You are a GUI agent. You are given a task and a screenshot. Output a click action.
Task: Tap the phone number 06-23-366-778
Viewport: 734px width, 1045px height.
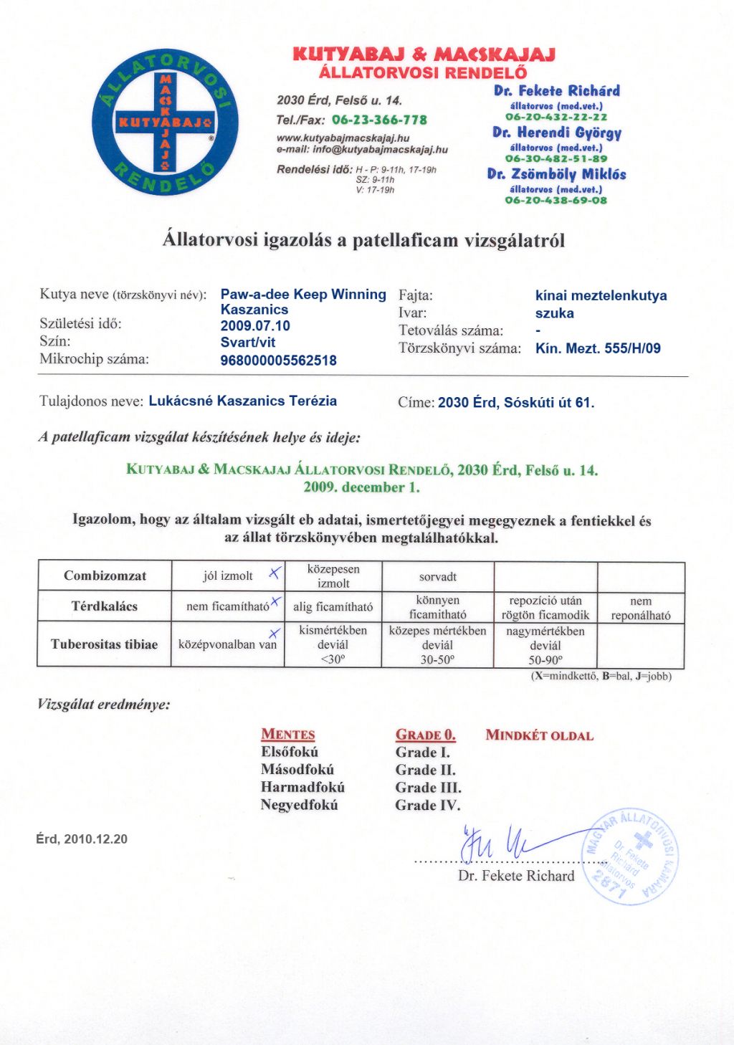pos(379,120)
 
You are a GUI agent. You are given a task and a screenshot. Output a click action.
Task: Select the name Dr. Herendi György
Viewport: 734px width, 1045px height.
pos(556,133)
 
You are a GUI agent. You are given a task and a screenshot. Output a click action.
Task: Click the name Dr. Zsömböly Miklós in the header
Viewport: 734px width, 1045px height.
pos(556,174)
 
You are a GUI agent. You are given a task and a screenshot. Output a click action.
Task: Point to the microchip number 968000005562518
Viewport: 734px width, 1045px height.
pos(279,361)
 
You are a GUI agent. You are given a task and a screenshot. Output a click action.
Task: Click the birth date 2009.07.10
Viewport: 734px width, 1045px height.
pos(255,326)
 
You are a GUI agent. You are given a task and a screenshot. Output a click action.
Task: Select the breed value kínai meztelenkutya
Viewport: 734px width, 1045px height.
pos(601,295)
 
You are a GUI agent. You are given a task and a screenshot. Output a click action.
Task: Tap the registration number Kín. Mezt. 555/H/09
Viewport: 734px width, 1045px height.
pos(598,349)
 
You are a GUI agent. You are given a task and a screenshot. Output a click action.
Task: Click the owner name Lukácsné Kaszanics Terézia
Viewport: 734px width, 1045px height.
pos(243,401)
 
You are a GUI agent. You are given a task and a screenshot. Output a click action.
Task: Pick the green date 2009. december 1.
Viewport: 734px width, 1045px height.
pos(361,487)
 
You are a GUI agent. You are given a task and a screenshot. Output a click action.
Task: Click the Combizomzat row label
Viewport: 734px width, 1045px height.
pos(105,576)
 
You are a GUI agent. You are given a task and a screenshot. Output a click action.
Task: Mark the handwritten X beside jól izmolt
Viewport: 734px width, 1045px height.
pos(274,573)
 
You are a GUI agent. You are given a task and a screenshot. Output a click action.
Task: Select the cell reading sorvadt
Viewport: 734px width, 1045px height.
pos(437,576)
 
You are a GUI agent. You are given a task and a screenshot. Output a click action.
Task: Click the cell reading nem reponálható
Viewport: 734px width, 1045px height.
pos(640,608)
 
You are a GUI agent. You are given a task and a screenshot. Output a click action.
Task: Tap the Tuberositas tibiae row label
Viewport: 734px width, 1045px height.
pos(104,644)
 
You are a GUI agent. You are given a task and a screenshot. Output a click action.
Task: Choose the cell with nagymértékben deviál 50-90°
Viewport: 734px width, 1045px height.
pos(545,645)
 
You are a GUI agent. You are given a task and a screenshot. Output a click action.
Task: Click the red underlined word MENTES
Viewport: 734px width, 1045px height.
pos(288,735)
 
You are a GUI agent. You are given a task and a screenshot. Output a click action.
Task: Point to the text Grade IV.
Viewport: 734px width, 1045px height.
pos(427,806)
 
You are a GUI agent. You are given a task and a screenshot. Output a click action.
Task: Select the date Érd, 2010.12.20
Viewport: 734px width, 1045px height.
pos(82,839)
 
